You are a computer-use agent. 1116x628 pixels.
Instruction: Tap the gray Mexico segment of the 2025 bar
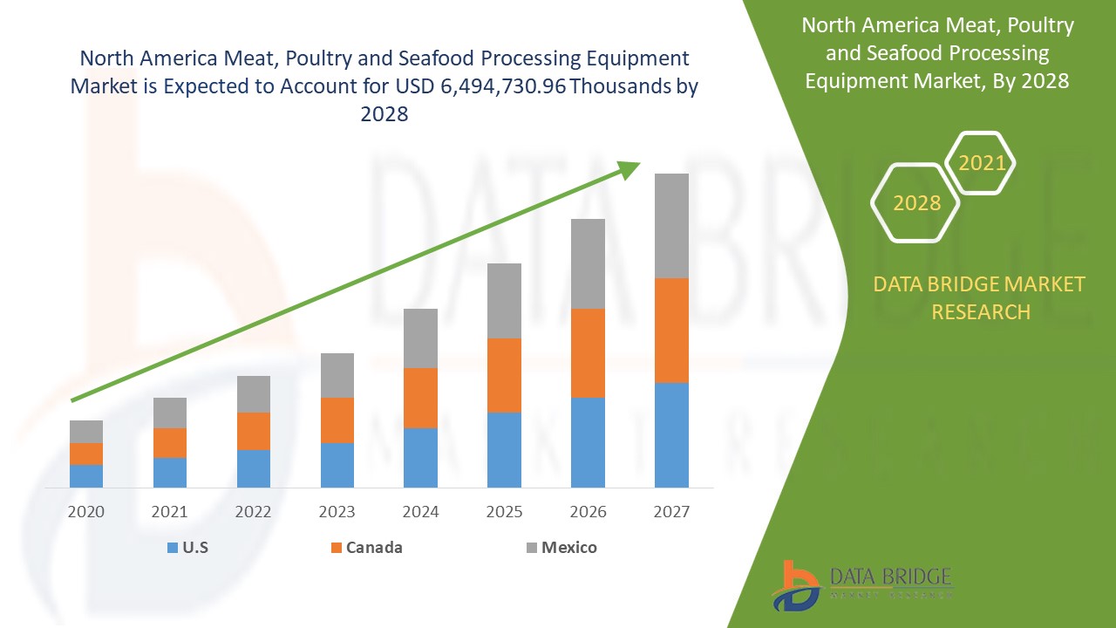tap(504, 300)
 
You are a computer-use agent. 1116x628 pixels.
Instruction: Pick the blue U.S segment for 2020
tap(86, 475)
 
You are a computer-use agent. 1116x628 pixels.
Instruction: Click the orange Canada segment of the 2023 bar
tap(337, 420)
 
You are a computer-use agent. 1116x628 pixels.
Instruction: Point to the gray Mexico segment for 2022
tap(254, 393)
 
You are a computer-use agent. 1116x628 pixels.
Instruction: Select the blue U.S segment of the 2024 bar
tap(420, 457)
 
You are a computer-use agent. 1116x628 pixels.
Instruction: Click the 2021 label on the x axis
tap(170, 512)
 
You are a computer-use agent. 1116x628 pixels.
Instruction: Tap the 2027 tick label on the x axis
tap(671, 512)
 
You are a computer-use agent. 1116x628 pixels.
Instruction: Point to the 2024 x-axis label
tap(420, 512)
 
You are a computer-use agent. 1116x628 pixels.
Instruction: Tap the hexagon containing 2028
tap(916, 203)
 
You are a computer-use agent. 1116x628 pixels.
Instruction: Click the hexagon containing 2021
tap(981, 163)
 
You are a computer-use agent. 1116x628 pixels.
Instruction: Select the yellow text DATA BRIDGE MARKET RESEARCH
tap(980, 297)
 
